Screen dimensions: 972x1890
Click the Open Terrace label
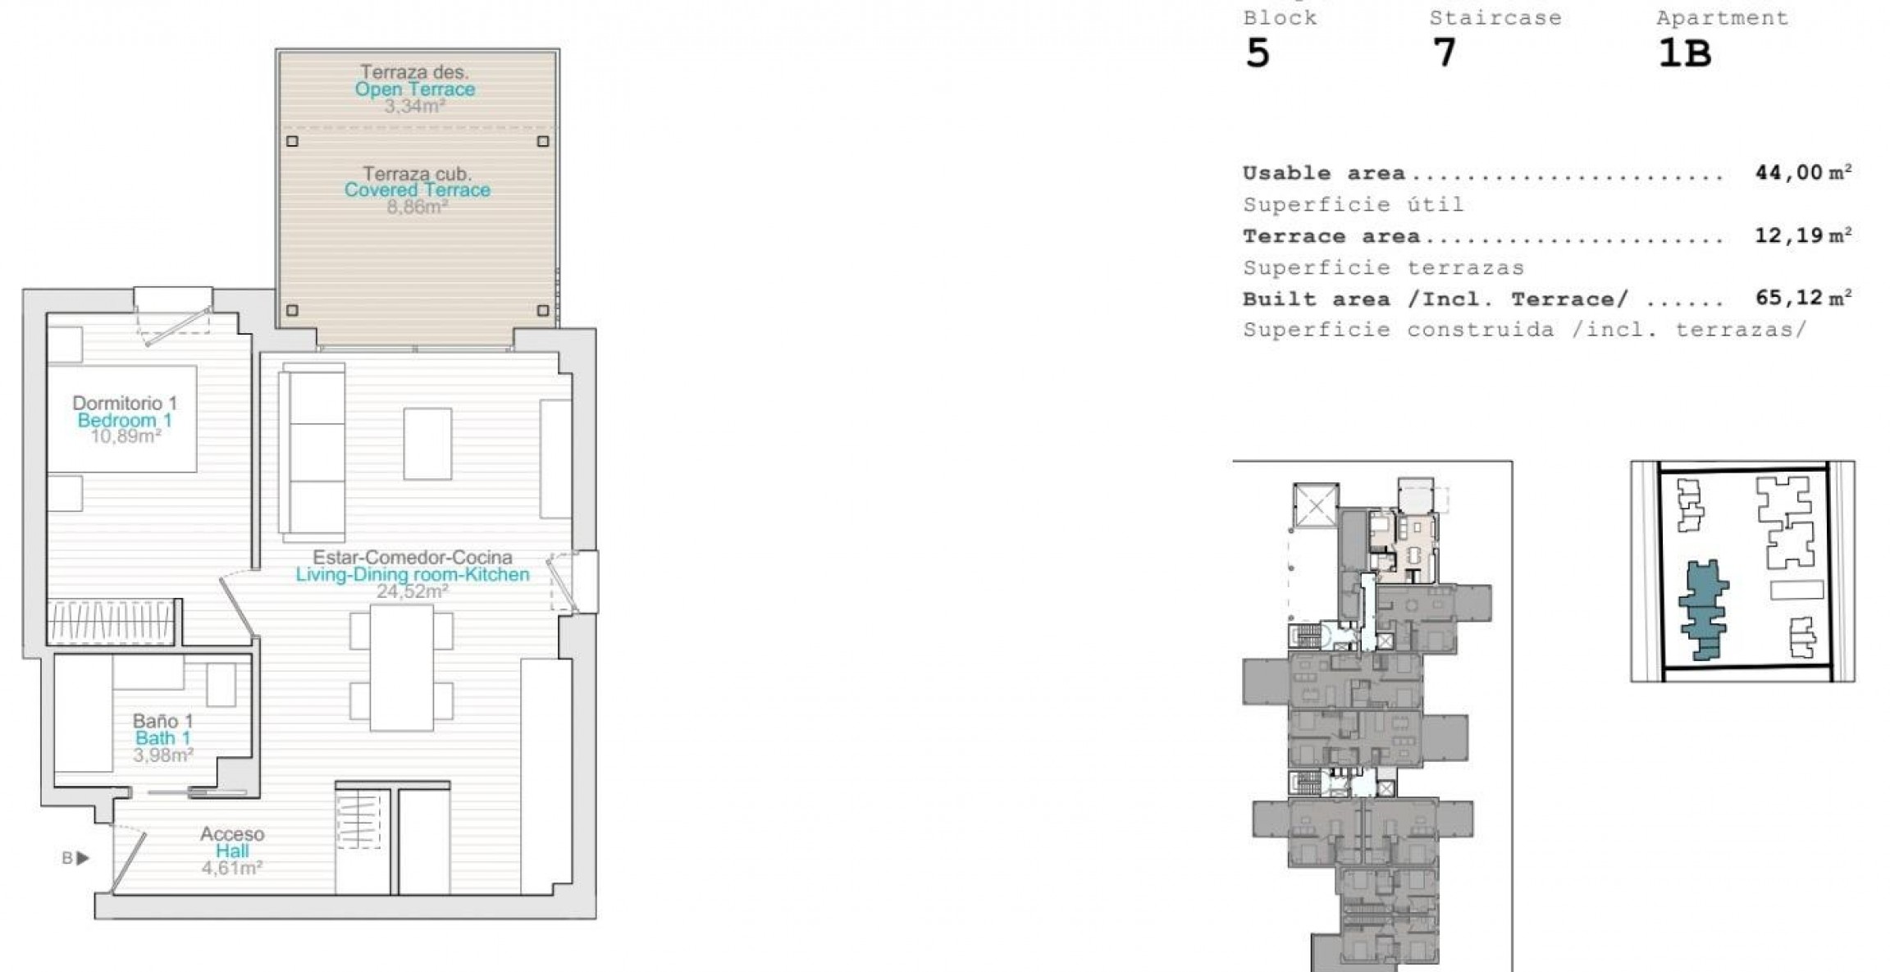414,89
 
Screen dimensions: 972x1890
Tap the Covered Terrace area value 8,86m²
417,207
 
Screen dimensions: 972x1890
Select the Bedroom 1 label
125,420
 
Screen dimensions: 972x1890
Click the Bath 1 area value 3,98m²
163,755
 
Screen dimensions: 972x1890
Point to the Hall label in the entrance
232,851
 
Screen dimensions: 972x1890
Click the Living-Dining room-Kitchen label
413,574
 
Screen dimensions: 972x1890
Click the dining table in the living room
402,667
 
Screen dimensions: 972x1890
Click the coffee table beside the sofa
427,444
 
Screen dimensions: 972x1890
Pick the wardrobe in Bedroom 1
112,622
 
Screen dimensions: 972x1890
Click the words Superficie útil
1353,204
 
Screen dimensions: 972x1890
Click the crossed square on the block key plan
1316,506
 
